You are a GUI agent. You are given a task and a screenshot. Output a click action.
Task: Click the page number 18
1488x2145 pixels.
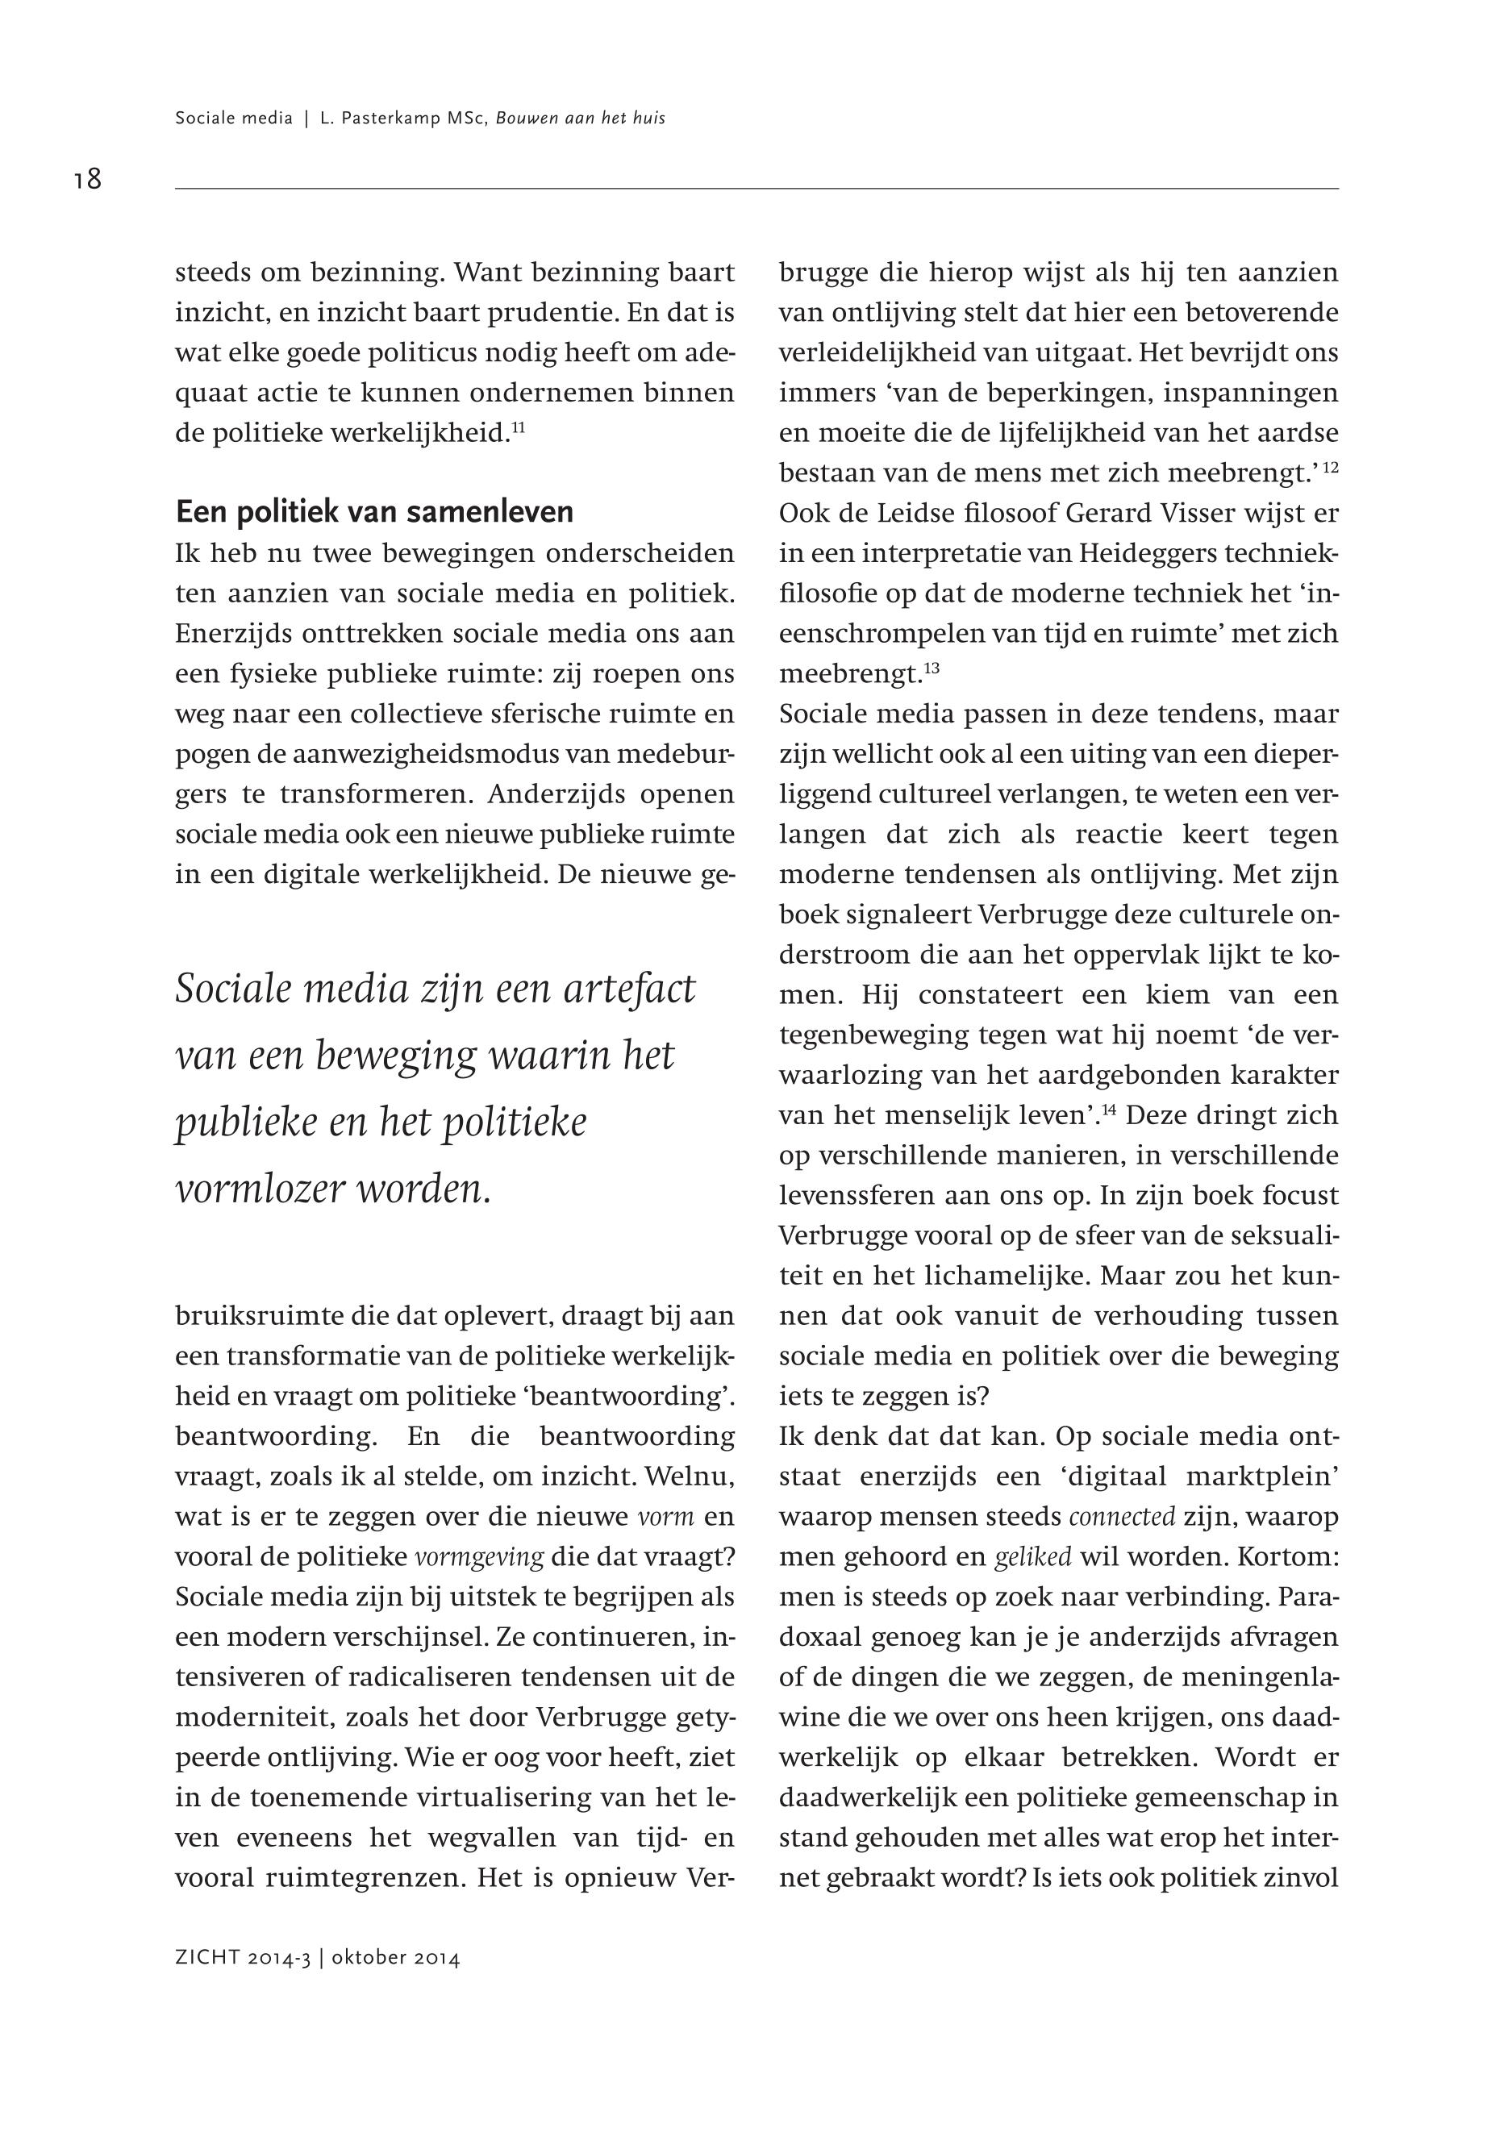tap(88, 178)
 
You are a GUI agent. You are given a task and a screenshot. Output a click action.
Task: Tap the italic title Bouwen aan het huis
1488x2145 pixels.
tap(580, 119)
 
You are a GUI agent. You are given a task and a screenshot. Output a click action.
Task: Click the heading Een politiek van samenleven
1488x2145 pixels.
tap(374, 512)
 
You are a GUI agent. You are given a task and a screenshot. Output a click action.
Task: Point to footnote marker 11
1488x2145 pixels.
tap(519, 427)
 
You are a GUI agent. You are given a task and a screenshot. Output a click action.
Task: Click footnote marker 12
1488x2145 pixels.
tap(1331, 467)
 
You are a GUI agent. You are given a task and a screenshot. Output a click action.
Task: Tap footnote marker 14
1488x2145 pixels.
tap(1110, 1110)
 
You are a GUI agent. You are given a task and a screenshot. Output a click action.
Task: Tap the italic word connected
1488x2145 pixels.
tap(1122, 1517)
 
